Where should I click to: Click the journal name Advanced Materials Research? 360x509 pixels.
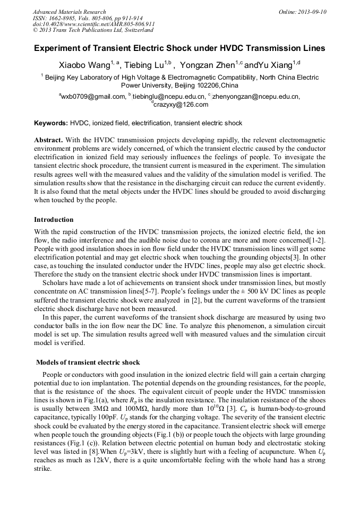click(70, 12)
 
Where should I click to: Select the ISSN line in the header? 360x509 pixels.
click(84, 18)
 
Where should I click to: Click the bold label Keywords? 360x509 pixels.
click(51, 123)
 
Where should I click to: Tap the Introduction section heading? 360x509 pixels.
click(54, 219)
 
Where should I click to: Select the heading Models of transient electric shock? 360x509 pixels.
click(88, 362)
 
